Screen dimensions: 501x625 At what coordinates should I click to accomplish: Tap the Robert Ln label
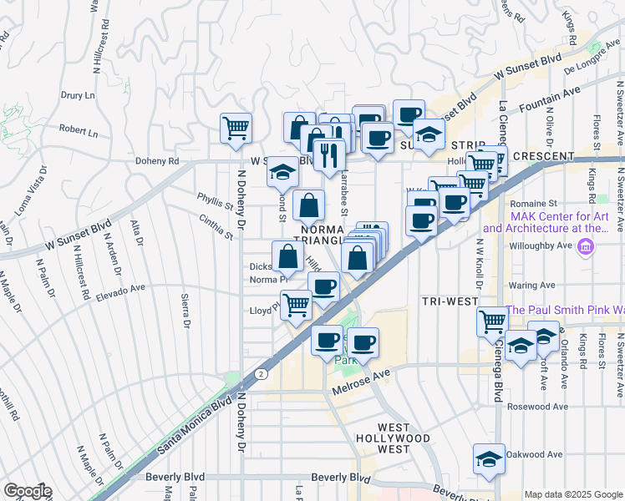point(79,132)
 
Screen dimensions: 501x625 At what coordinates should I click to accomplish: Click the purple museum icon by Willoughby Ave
point(586,247)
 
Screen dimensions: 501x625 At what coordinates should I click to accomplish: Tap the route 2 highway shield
point(262,373)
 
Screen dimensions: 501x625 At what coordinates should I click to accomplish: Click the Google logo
point(27,491)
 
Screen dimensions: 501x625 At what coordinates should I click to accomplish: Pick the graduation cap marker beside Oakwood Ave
point(489,458)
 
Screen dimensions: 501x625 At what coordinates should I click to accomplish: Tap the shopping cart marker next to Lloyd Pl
point(296,305)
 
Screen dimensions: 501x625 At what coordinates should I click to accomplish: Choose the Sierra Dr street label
point(186,311)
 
